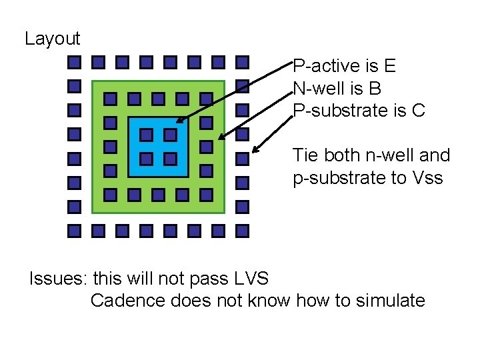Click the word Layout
click(x=52, y=39)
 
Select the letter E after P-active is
click(x=390, y=66)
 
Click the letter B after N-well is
click(x=375, y=88)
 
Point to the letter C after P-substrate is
click(x=418, y=110)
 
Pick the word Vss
click(x=427, y=178)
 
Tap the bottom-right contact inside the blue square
click(x=170, y=159)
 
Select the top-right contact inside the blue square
click(x=170, y=135)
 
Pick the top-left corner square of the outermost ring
click(x=75, y=63)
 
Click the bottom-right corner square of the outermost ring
click(x=242, y=231)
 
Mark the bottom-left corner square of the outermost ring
click(x=75, y=231)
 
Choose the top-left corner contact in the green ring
click(x=111, y=99)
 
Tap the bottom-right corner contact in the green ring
click(x=206, y=195)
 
